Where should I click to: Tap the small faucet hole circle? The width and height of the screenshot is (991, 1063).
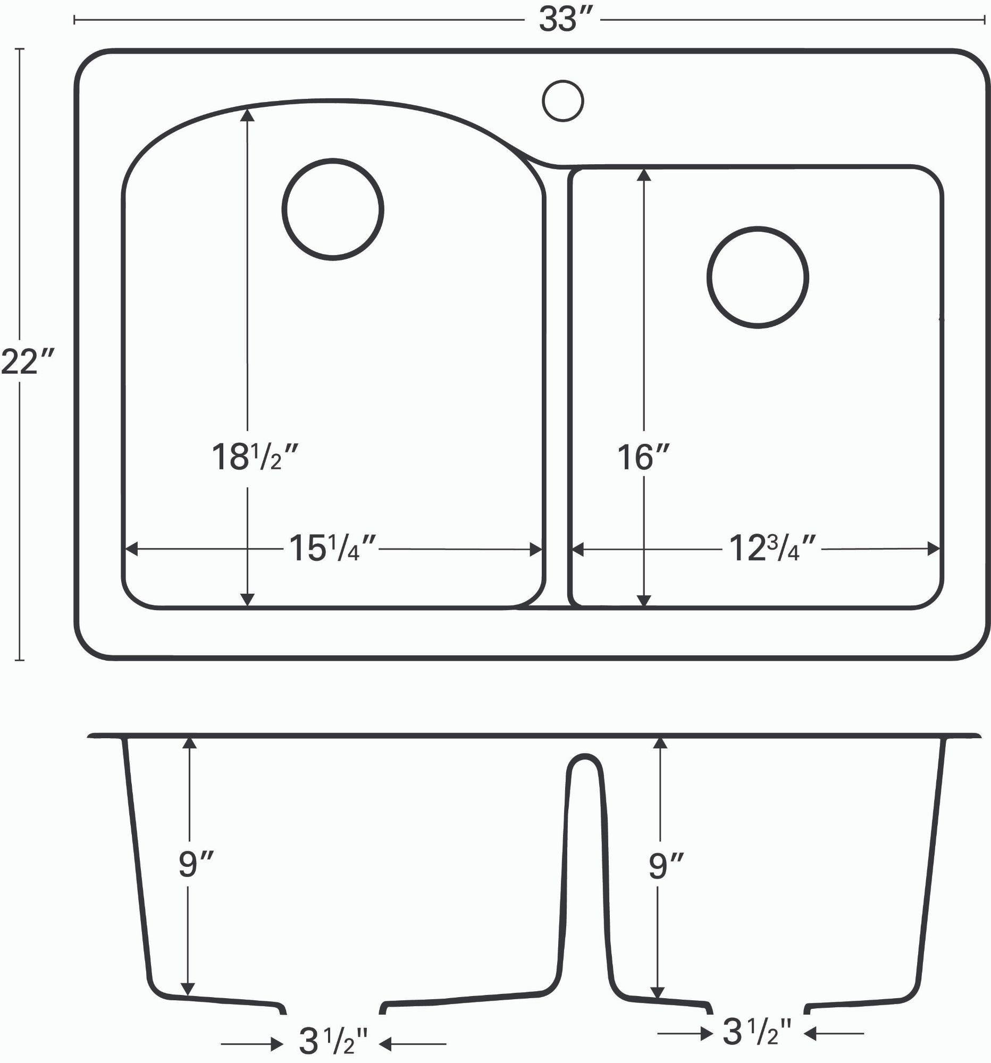tap(562, 100)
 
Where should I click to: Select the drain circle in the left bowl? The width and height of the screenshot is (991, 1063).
tap(333, 209)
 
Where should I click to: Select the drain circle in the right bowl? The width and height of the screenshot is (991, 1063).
tap(757, 277)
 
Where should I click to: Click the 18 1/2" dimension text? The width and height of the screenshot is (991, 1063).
tap(254, 458)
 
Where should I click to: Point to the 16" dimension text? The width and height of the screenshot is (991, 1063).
tap(643, 458)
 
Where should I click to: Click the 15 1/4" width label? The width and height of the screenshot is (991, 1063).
tap(333, 549)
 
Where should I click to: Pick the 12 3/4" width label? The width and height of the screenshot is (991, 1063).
tap(772, 549)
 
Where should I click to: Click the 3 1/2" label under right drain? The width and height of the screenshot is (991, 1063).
tap(756, 1032)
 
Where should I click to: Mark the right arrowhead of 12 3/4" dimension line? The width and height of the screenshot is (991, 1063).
tap(934, 549)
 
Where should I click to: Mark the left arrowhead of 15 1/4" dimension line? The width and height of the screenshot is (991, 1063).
tap(131, 549)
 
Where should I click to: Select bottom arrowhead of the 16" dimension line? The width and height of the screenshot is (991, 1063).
tap(644, 600)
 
